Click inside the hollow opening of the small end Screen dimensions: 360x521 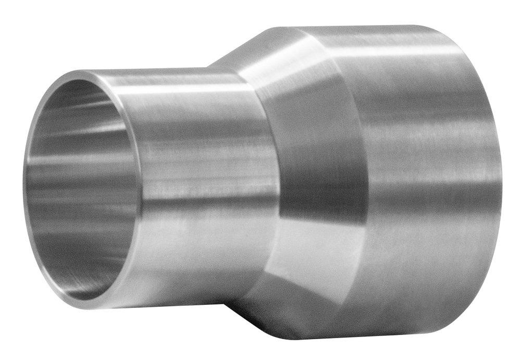tap(78, 188)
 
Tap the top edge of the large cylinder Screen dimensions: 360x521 tap(365, 26)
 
